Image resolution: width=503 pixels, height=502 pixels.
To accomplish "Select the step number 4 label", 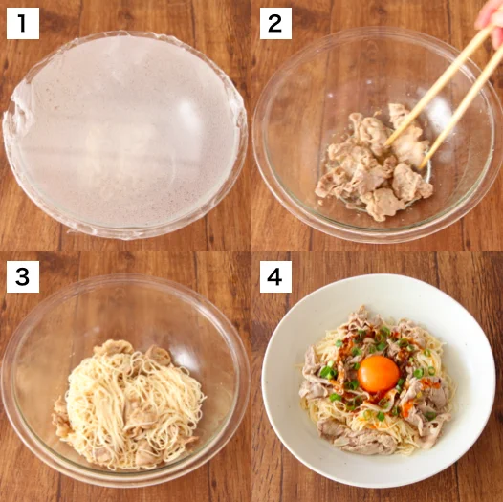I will click(x=275, y=276).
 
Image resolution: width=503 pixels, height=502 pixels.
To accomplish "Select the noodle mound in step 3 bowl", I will click(x=134, y=402).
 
